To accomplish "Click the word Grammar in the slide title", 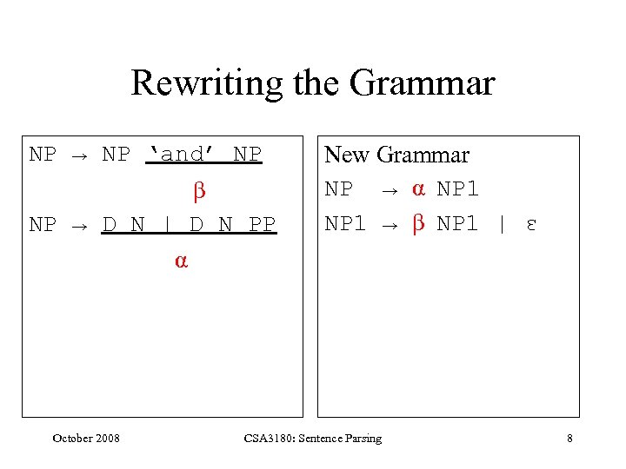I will pos(423,83).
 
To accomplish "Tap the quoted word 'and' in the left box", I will pos(182,155).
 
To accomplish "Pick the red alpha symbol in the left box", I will pos(181,261).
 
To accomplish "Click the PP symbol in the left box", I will pos(262,225).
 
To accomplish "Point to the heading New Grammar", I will pos(396,155).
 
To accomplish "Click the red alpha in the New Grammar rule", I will pos(417,189).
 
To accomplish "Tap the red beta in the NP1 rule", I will pos(417,223).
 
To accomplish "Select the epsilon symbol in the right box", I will pos(530,224).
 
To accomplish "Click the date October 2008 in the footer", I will pos(86,438).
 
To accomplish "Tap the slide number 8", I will pos(569,438).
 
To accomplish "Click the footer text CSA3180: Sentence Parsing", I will pos(313,438).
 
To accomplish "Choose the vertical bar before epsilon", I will pos(501,223).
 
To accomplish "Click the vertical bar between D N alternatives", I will pos(167,225).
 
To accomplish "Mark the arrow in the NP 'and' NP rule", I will pos(79,155).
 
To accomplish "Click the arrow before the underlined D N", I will pos(79,226).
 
